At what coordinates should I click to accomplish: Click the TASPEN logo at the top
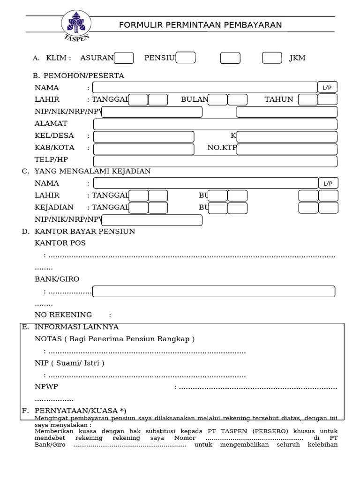[x=76, y=25]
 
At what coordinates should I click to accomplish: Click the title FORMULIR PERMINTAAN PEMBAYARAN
[x=200, y=25]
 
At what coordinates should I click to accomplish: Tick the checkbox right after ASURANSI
[x=124, y=58]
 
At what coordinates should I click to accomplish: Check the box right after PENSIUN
[x=186, y=58]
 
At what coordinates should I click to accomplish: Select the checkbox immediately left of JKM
[x=272, y=58]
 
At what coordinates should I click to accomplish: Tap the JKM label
[x=297, y=58]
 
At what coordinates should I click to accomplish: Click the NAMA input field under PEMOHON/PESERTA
[x=205, y=88]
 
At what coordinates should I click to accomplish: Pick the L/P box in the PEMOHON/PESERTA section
[x=327, y=88]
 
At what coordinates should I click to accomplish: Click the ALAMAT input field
[x=215, y=124]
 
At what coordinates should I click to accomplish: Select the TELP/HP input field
[x=215, y=161]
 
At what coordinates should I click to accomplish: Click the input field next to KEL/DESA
[x=143, y=136]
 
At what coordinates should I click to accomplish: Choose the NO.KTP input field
[x=287, y=149]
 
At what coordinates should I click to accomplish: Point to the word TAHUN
[x=279, y=99]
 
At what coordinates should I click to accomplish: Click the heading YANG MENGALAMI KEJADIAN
[x=92, y=172]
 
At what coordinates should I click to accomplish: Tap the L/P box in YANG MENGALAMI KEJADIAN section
[x=328, y=183]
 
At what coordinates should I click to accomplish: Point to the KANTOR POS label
[x=60, y=243]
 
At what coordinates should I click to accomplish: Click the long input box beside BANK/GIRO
[x=214, y=292]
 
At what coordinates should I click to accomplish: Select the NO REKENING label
[x=63, y=315]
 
